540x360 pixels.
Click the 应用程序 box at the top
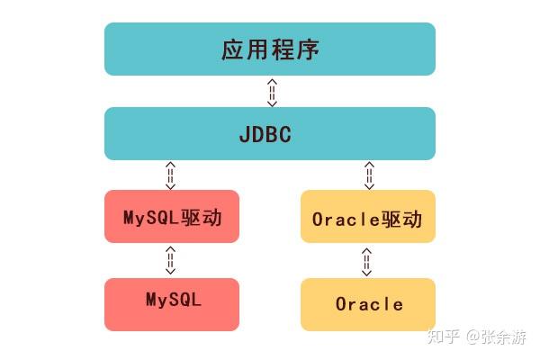[x=270, y=49]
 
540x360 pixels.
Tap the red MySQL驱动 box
[x=172, y=216]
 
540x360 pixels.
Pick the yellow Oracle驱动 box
[x=367, y=216]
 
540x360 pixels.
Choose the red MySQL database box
[x=172, y=304]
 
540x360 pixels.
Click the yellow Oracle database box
[x=367, y=304]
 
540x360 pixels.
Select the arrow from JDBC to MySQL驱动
[x=170, y=175]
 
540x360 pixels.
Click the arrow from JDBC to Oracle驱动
[x=368, y=175]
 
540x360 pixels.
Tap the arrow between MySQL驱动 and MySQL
[x=170, y=260]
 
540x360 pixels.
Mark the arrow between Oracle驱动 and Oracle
[x=366, y=260]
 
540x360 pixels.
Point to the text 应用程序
[x=270, y=49]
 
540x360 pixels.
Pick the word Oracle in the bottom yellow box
[x=369, y=304]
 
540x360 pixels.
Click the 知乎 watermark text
[x=444, y=337]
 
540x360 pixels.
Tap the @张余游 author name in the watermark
[x=497, y=337]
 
